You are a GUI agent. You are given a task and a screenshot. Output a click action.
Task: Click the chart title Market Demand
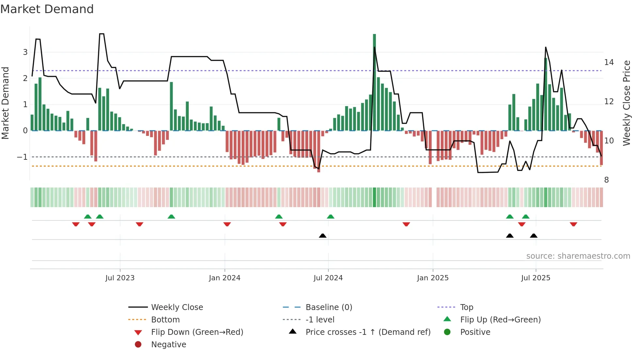47,9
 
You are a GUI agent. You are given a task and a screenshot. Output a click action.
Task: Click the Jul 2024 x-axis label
328,278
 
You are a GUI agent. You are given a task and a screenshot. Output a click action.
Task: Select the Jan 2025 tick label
433,278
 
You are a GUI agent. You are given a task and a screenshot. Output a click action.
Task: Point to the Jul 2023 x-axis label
120,278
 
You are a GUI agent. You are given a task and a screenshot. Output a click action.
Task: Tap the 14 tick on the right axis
609,62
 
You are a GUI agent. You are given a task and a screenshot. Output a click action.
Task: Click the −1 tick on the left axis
22,157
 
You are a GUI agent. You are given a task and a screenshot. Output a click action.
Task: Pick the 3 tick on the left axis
25,52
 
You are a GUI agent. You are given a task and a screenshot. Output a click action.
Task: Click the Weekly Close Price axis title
626,103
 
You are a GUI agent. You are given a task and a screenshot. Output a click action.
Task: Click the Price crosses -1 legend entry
368,332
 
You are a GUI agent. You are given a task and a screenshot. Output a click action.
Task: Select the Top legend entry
466,307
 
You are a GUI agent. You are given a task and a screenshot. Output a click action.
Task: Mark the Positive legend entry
475,332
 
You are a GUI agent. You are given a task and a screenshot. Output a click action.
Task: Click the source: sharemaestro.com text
578,256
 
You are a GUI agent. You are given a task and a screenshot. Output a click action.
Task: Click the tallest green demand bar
374,82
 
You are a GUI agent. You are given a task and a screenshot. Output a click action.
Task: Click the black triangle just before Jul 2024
323,236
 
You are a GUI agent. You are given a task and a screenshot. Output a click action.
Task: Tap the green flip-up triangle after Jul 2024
330,217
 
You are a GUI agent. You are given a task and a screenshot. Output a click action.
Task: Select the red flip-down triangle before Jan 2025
406,224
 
